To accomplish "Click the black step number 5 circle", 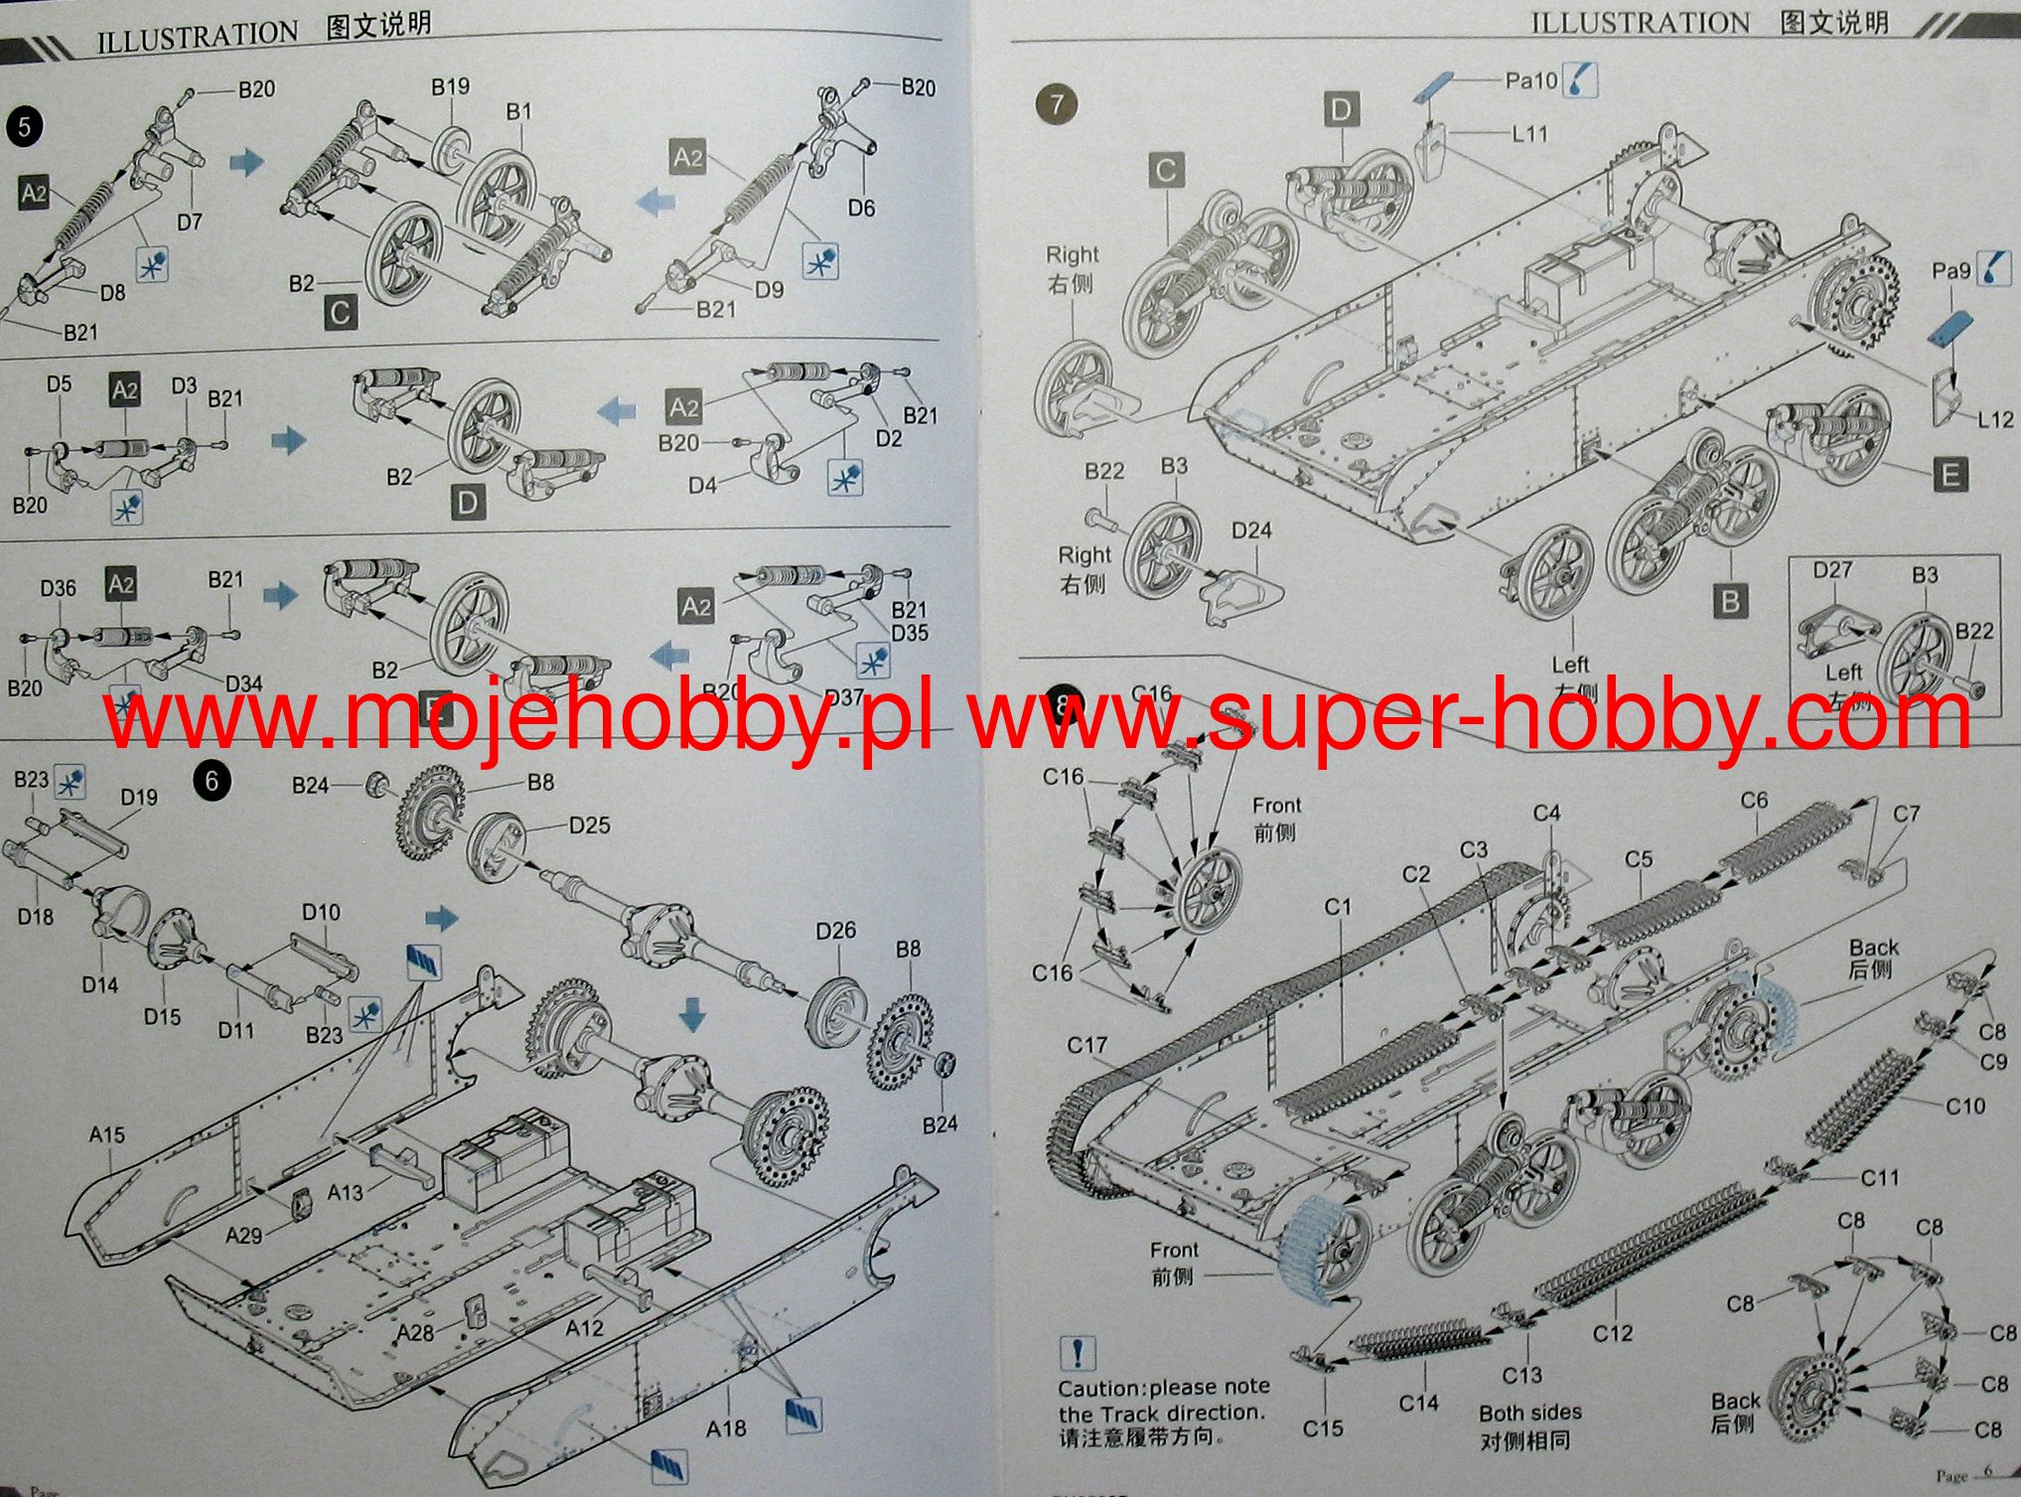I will (25, 126).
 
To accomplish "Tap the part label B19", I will (450, 87).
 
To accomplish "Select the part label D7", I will (189, 222).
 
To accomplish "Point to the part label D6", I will (861, 208).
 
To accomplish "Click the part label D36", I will (58, 588).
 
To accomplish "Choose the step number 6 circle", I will (212, 781).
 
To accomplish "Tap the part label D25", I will (589, 825).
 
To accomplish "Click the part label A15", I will (106, 1134).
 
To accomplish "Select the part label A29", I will (243, 1235).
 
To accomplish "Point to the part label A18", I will (726, 1428).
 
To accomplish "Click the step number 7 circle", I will (1056, 105).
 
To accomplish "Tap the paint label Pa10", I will (1531, 80).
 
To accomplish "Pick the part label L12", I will (1994, 419).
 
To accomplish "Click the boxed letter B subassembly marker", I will (1730, 602).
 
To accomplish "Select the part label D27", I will (1832, 570).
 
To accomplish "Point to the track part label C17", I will (1086, 1045).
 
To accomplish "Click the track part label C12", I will (1612, 1333).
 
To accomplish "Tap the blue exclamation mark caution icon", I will (1078, 1353).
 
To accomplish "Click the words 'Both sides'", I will (1529, 1413).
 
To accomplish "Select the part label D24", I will (1251, 530).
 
